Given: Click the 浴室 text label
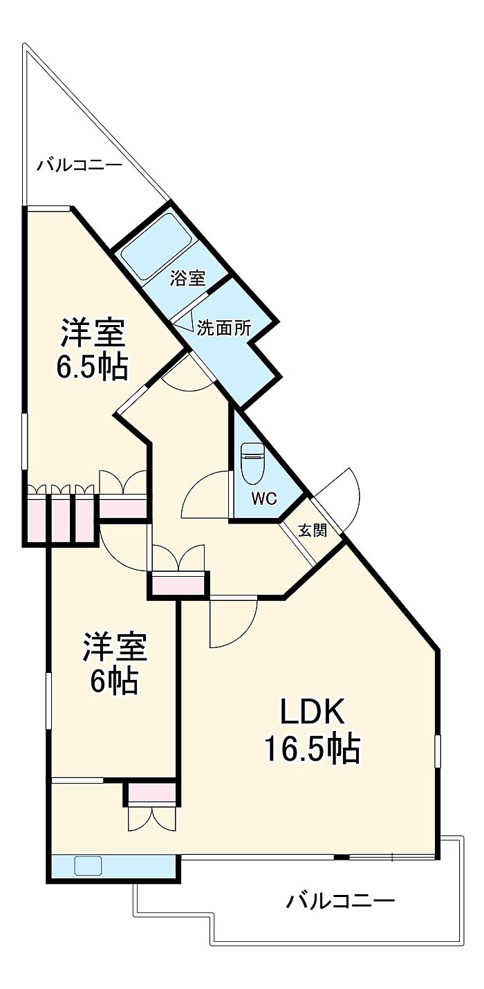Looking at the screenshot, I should tap(188, 279).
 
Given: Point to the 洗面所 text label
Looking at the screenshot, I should tap(223, 329).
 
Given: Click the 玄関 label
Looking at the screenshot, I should tap(313, 530).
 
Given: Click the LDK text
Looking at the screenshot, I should tap(311, 712).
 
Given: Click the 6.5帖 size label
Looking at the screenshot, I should tap(92, 367).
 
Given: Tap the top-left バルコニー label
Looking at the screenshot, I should tap(80, 165).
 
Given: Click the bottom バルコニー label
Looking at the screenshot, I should tap(341, 900).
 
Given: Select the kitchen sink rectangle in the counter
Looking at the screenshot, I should tap(89, 865).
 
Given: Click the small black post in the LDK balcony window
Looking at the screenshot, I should tap(340, 858).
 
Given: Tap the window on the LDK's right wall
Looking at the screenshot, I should tap(437, 751).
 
